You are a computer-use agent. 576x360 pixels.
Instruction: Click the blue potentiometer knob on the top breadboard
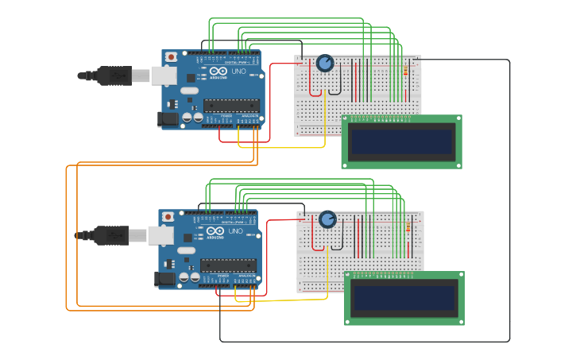coord(325,64)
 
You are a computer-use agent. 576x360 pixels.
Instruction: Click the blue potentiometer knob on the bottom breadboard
coord(327,219)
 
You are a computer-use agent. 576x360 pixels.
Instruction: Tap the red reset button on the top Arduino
coord(171,57)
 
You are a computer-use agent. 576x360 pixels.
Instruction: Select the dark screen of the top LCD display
coord(402,142)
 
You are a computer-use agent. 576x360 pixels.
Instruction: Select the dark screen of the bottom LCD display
coord(404,299)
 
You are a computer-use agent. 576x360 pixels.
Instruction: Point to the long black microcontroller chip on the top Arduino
coord(231,105)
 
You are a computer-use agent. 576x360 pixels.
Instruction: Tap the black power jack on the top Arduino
coord(168,119)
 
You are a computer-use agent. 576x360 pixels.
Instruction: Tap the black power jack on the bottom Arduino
coord(165,279)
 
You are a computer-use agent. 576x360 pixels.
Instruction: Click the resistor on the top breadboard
coord(407,72)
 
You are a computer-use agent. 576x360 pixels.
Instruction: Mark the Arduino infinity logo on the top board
coord(217,72)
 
